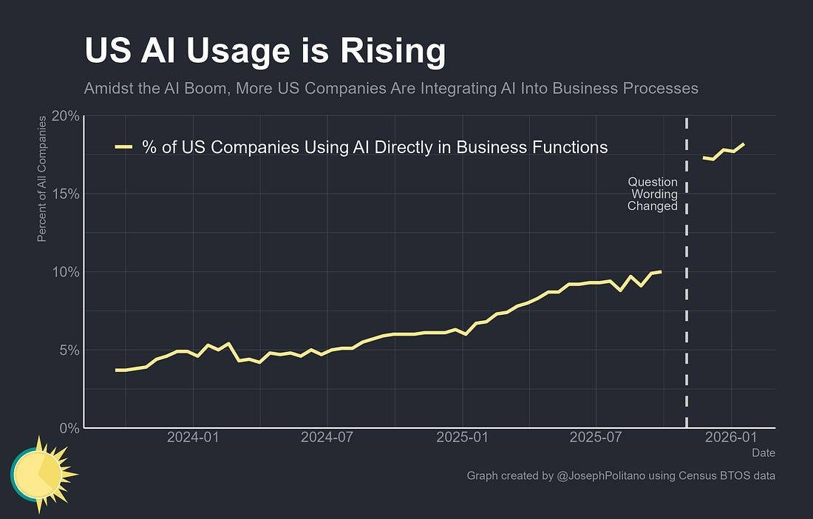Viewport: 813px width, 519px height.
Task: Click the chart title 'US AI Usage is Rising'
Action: pyautogui.click(x=265, y=52)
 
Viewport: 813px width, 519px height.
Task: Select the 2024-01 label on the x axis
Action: pyautogui.click(x=193, y=437)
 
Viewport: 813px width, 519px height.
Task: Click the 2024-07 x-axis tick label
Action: pyautogui.click(x=327, y=437)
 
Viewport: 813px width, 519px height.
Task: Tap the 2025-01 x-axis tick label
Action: pyautogui.click(x=462, y=437)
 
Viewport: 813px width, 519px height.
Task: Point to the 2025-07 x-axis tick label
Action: pyautogui.click(x=596, y=437)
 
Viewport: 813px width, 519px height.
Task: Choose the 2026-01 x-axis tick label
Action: pyautogui.click(x=730, y=437)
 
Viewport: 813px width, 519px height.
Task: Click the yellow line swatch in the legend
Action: pyautogui.click(x=124, y=147)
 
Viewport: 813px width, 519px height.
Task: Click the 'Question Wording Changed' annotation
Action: pyautogui.click(x=653, y=194)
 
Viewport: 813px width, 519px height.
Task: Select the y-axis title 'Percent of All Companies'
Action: pyautogui.click(x=42, y=178)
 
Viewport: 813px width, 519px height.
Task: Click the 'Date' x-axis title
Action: pyautogui.click(x=763, y=452)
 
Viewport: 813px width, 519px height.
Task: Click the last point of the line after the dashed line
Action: pyautogui.click(x=744, y=144)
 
